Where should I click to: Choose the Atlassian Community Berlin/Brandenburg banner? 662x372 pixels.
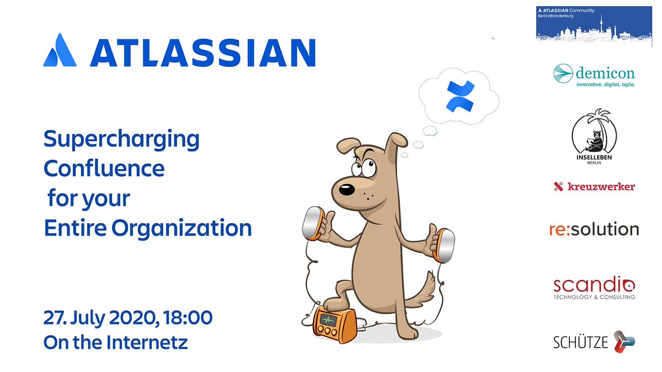[x=594, y=23]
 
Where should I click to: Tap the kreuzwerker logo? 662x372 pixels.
[x=594, y=187]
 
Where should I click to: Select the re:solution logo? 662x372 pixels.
[x=594, y=229]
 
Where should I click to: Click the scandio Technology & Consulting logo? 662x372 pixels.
[x=594, y=288]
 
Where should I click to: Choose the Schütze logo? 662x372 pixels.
[x=594, y=342]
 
